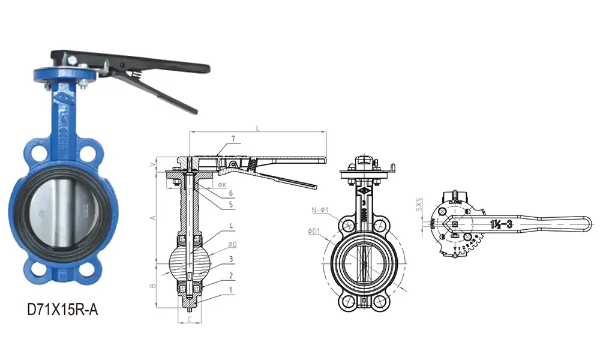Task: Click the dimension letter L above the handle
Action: pos(257,128)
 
